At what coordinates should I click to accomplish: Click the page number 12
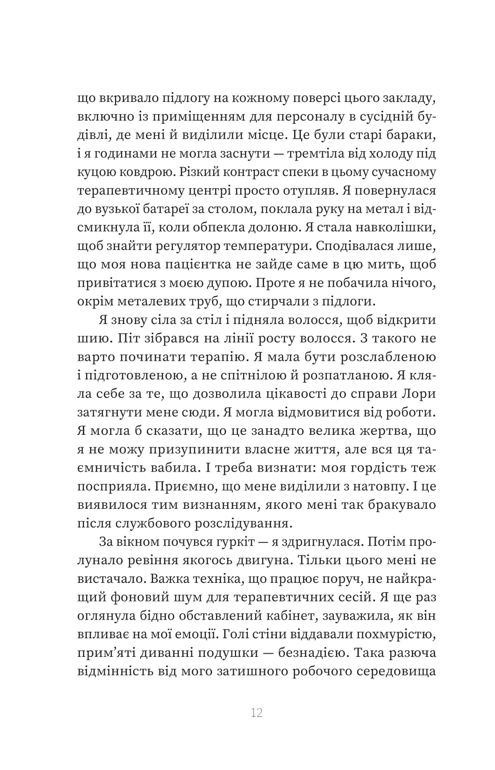[x=257, y=712]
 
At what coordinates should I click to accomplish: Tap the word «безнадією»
[x=311, y=653]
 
